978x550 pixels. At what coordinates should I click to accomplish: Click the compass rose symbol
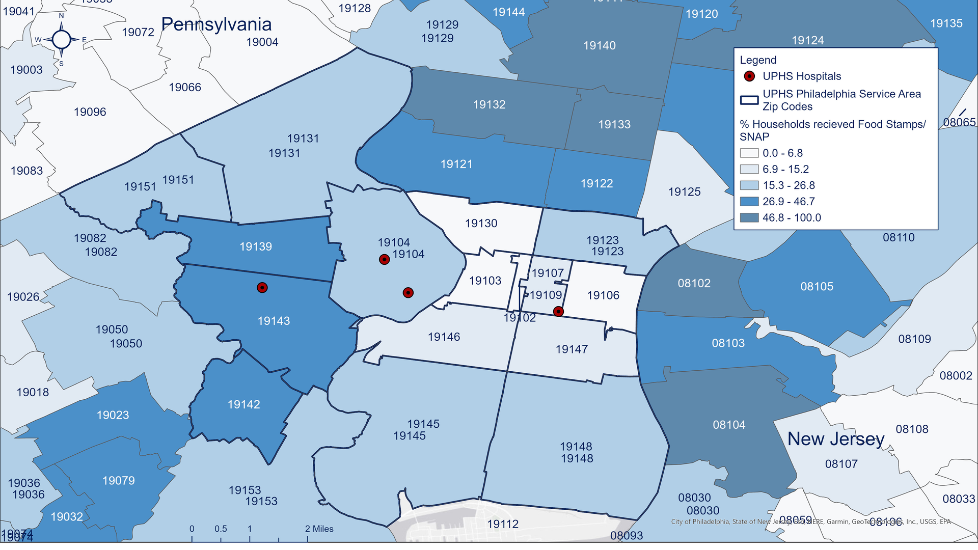click(x=61, y=39)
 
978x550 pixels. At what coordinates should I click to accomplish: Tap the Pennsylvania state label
click(x=216, y=24)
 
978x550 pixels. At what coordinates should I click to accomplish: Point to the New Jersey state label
click(x=835, y=438)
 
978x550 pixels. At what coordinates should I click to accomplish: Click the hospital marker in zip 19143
click(x=262, y=288)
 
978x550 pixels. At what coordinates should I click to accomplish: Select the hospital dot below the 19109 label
click(x=558, y=311)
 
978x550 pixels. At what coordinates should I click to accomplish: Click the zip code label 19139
click(x=256, y=246)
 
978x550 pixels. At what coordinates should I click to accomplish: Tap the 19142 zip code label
click(x=243, y=404)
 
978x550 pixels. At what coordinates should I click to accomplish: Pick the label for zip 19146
click(x=444, y=337)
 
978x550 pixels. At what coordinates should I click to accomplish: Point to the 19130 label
click(x=481, y=223)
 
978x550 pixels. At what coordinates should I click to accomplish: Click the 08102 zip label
click(x=694, y=283)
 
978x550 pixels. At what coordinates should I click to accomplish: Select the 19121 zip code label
click(x=456, y=164)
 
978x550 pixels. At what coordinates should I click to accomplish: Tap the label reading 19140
click(x=599, y=46)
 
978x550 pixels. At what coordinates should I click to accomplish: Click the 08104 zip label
click(x=729, y=425)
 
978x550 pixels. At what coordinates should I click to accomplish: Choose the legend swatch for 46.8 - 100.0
click(x=749, y=218)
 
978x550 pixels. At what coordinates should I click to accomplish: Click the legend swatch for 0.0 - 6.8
click(x=749, y=153)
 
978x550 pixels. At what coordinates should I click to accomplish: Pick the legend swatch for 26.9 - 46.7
click(x=749, y=202)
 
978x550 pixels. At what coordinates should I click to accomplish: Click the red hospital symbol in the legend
click(x=749, y=76)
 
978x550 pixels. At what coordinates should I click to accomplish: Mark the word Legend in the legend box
click(x=758, y=60)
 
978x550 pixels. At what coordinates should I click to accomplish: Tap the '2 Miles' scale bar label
click(x=319, y=529)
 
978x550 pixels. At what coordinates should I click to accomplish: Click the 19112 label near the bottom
click(x=502, y=524)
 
